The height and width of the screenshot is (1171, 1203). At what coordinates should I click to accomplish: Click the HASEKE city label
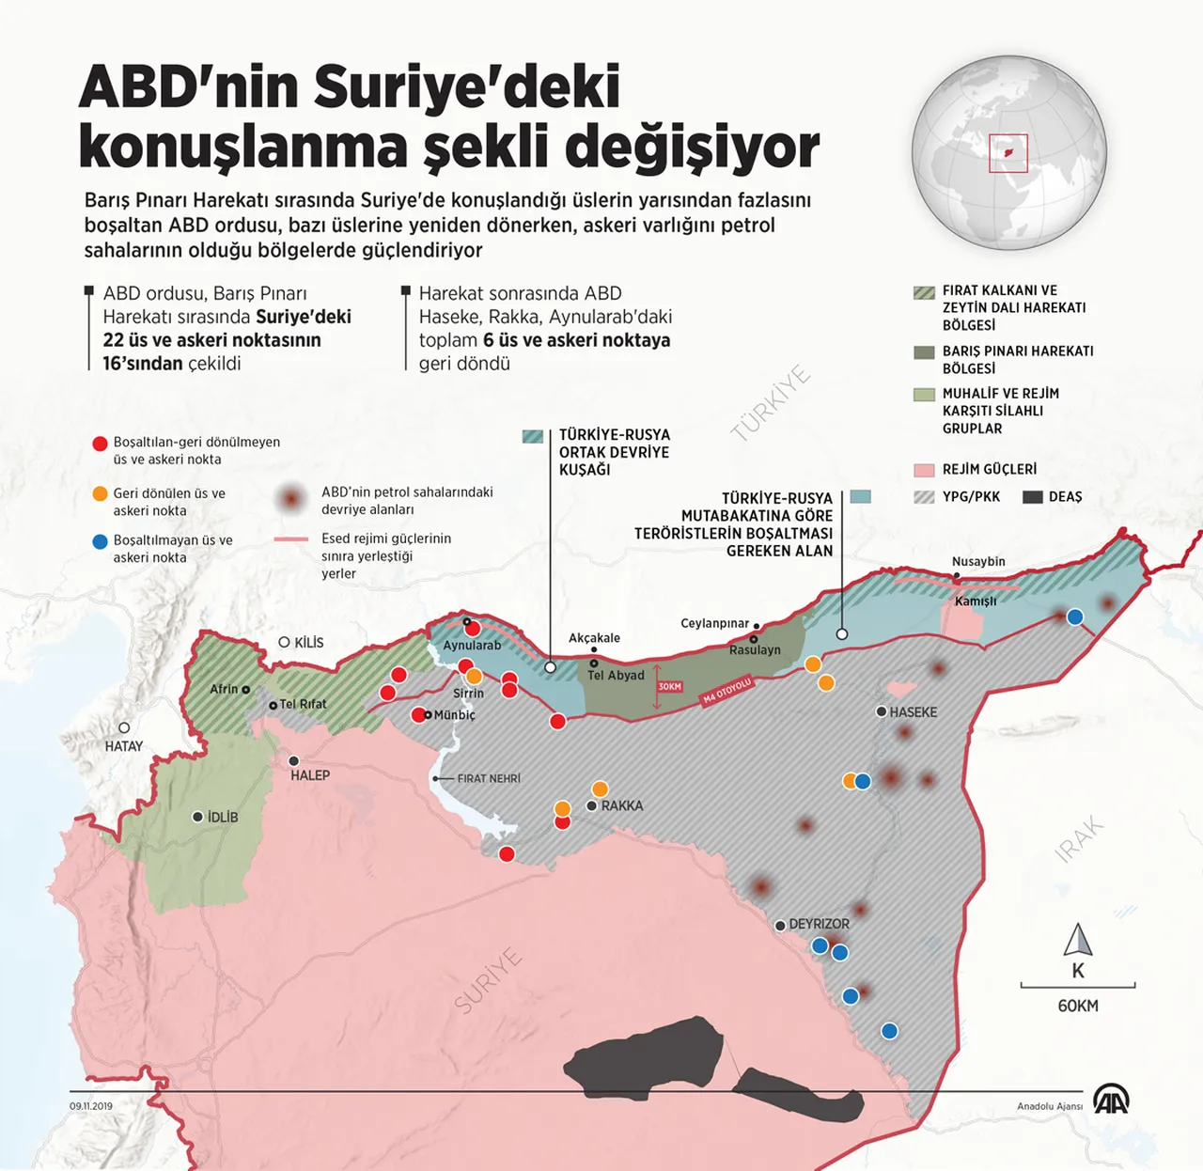[913, 712]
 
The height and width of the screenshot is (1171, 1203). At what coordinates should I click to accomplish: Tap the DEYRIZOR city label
[819, 924]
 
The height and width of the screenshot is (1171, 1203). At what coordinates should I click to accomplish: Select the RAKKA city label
[621, 805]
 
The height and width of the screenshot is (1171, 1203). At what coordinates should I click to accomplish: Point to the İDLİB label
[222, 817]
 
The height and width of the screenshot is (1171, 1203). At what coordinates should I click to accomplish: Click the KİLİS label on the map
[308, 643]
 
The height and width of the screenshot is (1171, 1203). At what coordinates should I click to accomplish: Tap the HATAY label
[124, 746]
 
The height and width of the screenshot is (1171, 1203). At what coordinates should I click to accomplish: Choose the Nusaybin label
[978, 561]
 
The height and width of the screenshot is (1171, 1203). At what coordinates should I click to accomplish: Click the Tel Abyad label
[616, 675]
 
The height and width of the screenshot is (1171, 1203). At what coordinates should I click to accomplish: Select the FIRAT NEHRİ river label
[488, 778]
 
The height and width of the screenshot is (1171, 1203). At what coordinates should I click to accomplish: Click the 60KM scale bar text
[1077, 1006]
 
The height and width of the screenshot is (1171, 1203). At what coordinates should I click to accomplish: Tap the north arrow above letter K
[1077, 939]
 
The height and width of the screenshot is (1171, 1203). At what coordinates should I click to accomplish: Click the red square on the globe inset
[1008, 153]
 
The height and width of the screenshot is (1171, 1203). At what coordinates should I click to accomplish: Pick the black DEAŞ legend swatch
[1033, 497]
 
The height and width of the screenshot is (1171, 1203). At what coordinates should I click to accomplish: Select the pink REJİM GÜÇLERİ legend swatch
[924, 469]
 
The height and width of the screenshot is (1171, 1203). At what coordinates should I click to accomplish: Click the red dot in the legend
[100, 444]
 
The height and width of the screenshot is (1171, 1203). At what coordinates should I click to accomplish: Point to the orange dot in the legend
[100, 494]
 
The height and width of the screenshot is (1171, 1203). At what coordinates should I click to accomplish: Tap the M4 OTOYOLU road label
[727, 691]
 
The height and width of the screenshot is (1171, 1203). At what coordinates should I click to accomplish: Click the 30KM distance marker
[669, 687]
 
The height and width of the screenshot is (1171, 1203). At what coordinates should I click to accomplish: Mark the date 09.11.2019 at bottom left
[90, 1106]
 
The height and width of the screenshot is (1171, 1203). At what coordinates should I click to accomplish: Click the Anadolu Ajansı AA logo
[1111, 1100]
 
